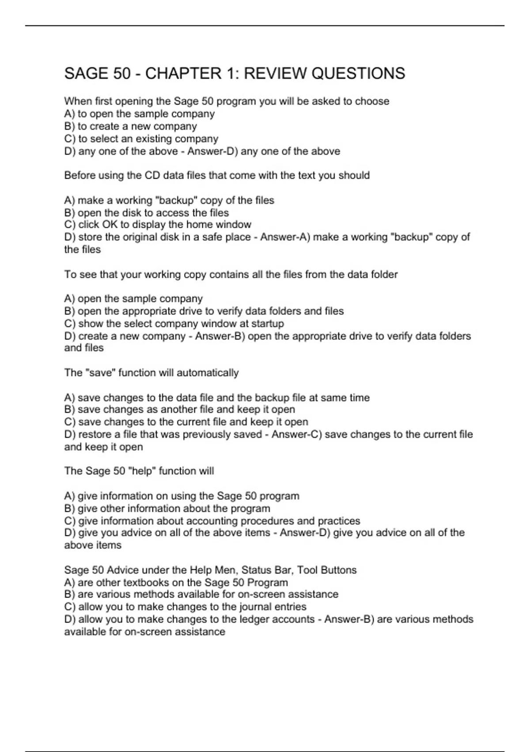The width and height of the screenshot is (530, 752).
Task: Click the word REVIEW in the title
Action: (275, 73)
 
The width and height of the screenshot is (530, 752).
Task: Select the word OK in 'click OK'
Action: (110, 225)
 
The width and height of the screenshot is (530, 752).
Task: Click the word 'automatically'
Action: (208, 373)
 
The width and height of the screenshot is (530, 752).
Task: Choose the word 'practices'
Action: (339, 521)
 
